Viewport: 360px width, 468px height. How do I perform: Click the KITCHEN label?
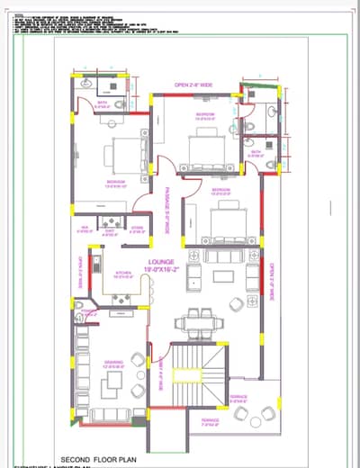[x=124, y=275]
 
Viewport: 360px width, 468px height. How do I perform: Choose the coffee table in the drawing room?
[x=112, y=383]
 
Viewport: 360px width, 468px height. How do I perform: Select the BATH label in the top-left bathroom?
[x=103, y=104]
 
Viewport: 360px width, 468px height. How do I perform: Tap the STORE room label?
[x=137, y=229]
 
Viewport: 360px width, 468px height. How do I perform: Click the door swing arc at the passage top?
[x=164, y=165]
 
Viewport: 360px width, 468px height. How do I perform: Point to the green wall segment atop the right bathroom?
[x=260, y=88]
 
